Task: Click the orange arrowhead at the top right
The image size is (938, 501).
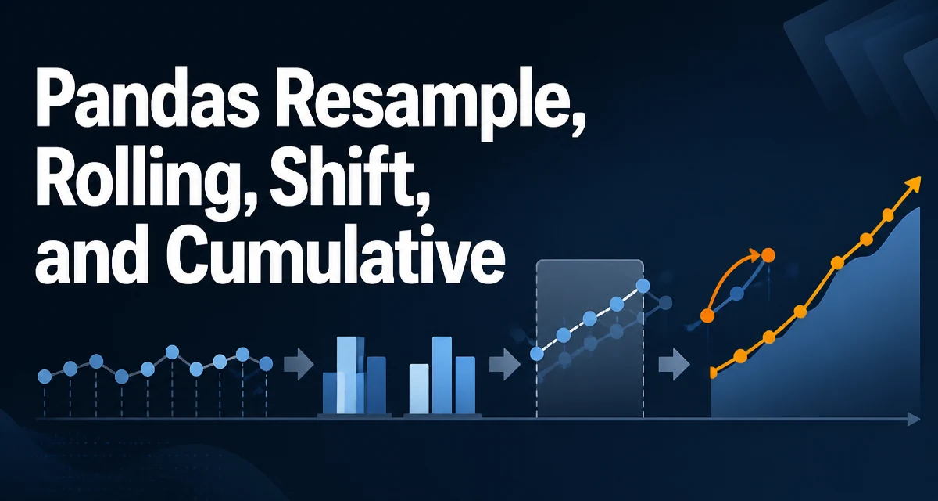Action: [x=913, y=185]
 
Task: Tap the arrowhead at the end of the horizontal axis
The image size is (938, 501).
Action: [x=914, y=419]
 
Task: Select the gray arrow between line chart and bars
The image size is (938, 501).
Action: [x=299, y=363]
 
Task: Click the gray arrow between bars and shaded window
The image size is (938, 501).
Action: [x=505, y=364]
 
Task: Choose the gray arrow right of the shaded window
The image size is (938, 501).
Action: [x=674, y=364]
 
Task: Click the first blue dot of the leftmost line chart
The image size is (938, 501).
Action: [x=45, y=377]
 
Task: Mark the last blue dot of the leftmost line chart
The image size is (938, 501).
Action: [x=266, y=364]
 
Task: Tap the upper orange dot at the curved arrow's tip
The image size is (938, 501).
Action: [x=768, y=255]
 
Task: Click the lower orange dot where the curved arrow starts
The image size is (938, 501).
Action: [x=707, y=315]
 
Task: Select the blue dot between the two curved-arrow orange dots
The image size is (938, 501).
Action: [x=737, y=294]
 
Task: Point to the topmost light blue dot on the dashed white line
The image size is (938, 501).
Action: [x=643, y=286]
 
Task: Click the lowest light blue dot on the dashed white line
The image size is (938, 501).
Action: [x=537, y=354]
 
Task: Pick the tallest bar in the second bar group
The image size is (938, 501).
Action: [x=442, y=375]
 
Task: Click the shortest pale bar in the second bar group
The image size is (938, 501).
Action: [x=419, y=388]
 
